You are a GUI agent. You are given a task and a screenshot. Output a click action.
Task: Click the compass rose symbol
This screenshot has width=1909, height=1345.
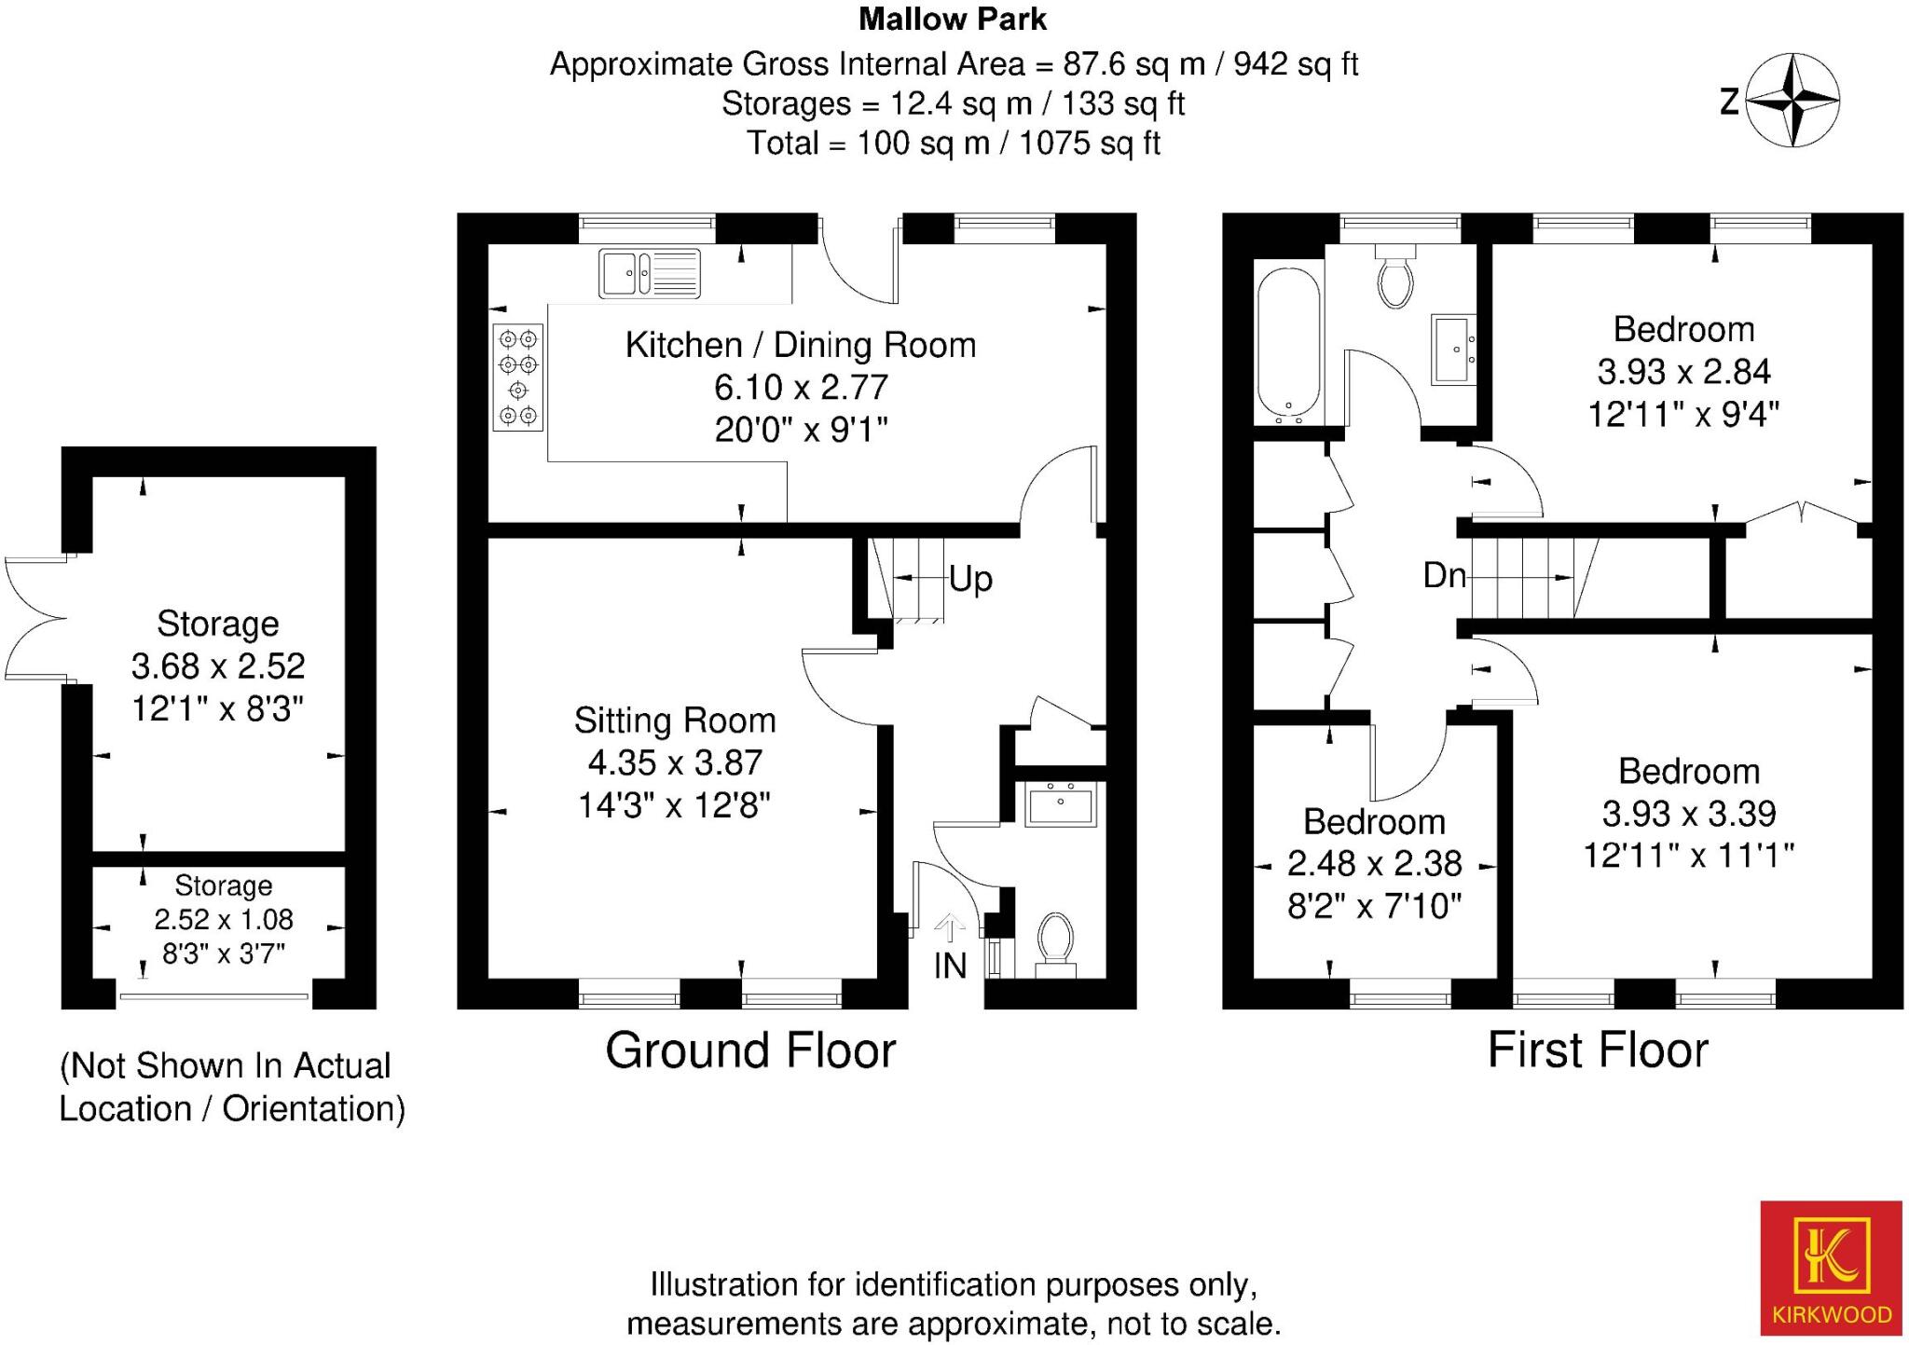tap(1792, 101)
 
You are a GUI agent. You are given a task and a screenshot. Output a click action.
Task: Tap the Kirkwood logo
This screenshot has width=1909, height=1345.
tap(1831, 1267)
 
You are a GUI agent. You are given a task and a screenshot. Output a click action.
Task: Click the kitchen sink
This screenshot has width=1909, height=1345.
tap(649, 273)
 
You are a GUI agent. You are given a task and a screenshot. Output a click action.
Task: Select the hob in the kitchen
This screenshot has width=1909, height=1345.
tap(518, 377)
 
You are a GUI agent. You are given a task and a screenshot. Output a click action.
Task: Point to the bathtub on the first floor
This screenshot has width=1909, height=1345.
tap(1289, 344)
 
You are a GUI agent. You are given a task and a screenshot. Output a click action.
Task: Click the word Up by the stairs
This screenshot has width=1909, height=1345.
tap(970, 579)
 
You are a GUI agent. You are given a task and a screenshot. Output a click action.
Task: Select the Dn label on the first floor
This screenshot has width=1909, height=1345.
tap(1444, 575)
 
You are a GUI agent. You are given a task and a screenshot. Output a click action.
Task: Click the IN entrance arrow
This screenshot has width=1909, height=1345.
tap(950, 927)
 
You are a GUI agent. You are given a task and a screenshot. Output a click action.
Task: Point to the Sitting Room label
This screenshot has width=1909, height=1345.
tap(675, 721)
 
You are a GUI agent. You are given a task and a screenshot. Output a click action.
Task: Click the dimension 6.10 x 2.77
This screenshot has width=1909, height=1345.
tap(801, 387)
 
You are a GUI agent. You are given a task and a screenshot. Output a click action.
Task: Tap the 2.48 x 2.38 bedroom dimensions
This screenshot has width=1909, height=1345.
tap(1374, 864)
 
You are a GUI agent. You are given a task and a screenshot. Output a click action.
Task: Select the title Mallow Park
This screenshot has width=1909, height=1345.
tap(953, 19)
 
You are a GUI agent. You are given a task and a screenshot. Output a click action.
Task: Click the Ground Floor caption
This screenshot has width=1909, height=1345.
tap(750, 1050)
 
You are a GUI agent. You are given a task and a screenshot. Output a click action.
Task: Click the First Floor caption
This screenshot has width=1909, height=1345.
tap(1598, 1050)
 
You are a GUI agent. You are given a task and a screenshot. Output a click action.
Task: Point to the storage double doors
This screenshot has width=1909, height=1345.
tap(35, 620)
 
